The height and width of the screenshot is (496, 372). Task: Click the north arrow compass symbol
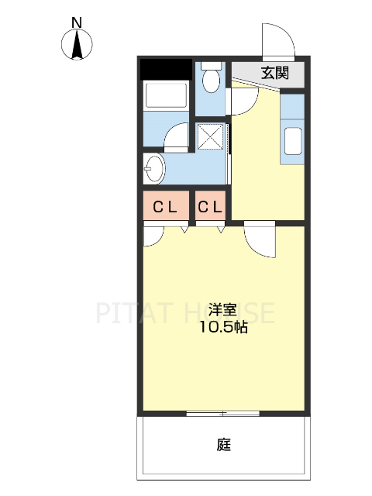pos(77,45)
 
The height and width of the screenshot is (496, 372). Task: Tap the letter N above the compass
pos(77,22)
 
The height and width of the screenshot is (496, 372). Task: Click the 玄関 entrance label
pos(274,74)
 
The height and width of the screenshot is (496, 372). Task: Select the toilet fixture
pos(209,77)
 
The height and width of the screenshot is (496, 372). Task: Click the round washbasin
pos(153,167)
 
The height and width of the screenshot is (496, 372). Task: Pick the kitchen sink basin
pos(294,142)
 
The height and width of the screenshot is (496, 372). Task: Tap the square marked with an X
pos(210,137)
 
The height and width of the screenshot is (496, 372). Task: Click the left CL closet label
pos(164,207)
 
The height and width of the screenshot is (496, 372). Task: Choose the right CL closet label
pos(210,207)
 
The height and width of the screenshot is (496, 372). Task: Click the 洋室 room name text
pos(221,310)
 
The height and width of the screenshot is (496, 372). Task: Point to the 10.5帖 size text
pos(221,328)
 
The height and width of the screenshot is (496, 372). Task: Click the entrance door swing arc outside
pos(277,40)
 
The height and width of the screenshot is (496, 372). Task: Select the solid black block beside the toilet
pos(166,70)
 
